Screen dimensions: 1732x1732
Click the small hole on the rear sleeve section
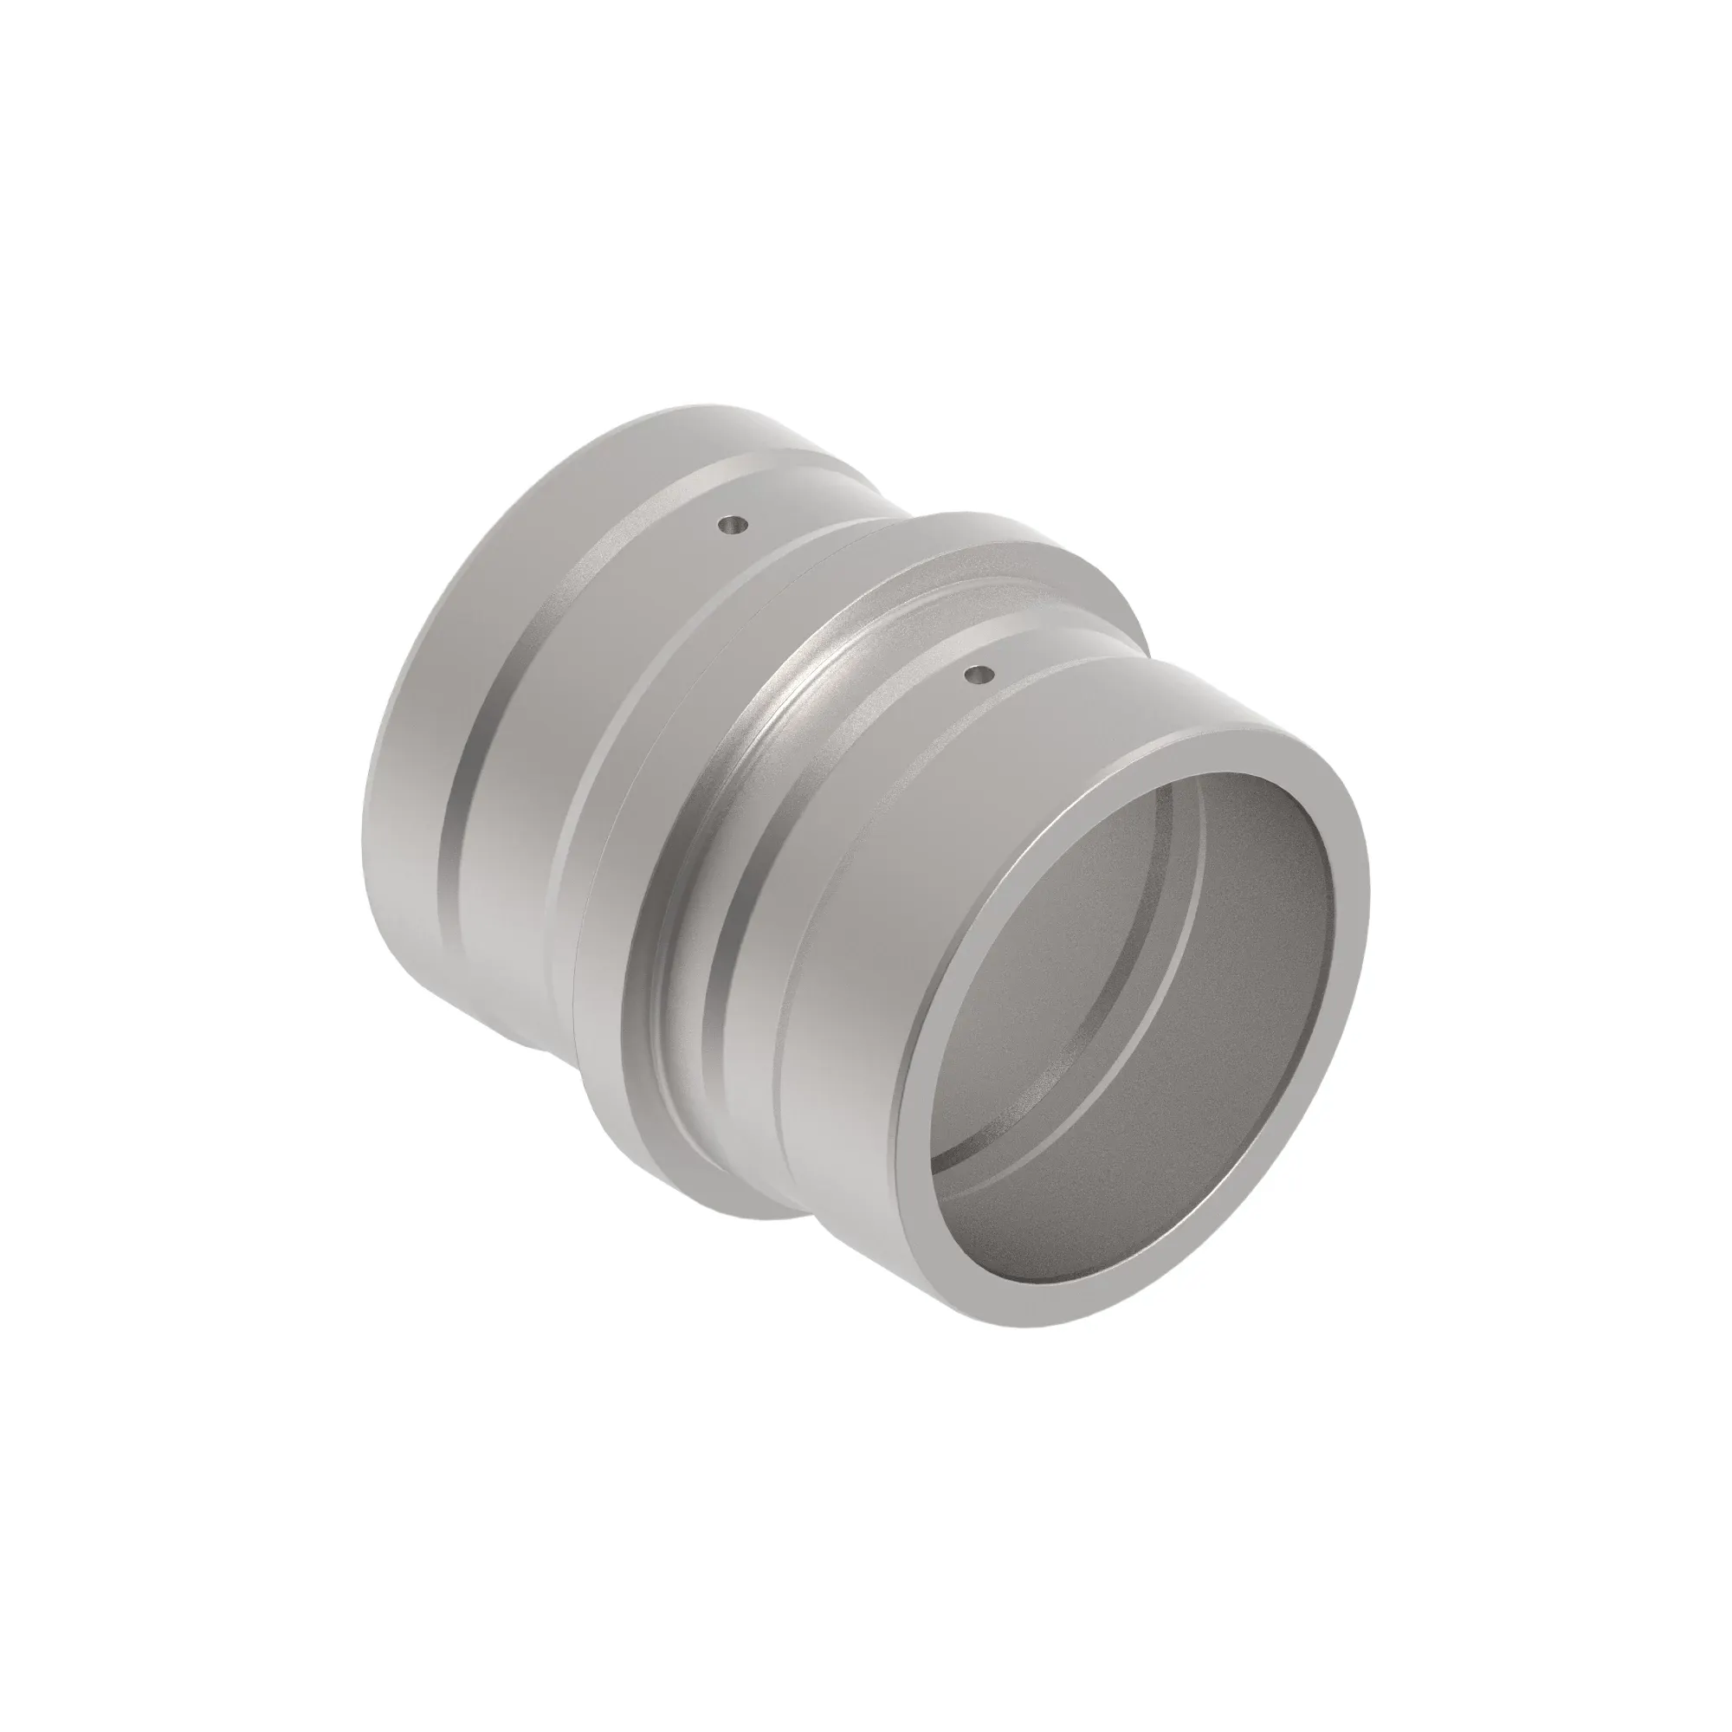pyautogui.click(x=735, y=525)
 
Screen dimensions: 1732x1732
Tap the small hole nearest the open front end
pyautogui.click(x=979, y=672)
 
